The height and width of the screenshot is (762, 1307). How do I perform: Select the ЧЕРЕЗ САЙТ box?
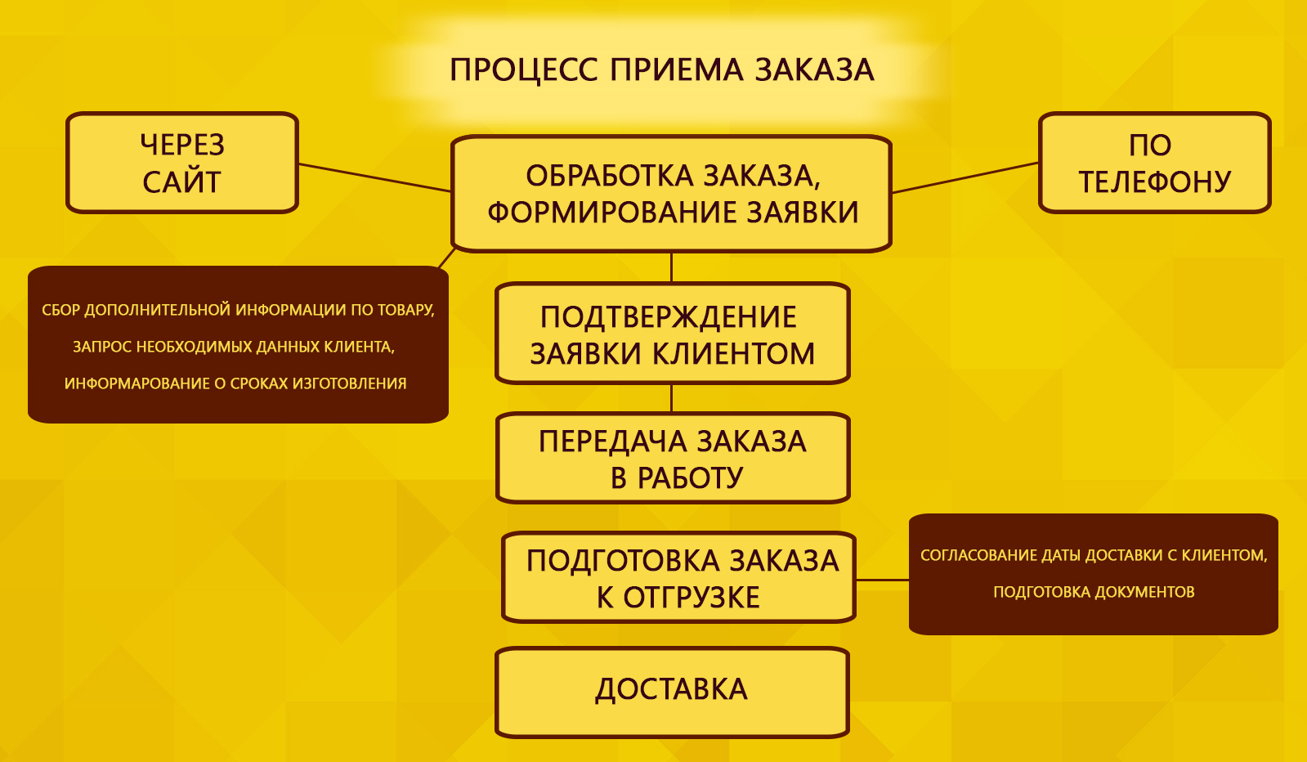pyautogui.click(x=182, y=163)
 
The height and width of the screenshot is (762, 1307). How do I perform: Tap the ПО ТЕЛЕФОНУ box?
pyautogui.click(x=1155, y=163)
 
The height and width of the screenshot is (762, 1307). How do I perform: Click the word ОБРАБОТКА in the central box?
pyautogui.click(x=610, y=176)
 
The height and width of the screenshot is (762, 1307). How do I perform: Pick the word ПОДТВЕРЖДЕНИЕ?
pyautogui.click(x=668, y=317)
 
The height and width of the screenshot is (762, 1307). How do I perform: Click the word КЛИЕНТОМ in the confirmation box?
pyautogui.click(x=733, y=353)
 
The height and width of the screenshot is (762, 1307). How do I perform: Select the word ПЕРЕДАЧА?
pyautogui.click(x=613, y=442)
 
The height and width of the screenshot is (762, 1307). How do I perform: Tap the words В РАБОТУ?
pyautogui.click(x=677, y=477)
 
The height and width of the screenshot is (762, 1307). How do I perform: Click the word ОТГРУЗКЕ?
pyautogui.click(x=692, y=598)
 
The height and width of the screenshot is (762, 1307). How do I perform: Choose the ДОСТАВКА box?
pyautogui.click(x=672, y=693)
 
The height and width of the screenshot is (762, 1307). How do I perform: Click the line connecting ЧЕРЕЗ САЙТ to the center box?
pyautogui.click(x=374, y=177)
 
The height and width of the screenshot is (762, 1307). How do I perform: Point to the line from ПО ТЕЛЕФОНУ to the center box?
pyautogui.click(x=965, y=177)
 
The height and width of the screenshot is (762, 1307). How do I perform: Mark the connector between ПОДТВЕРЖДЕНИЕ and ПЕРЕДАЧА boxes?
pyautogui.click(x=672, y=398)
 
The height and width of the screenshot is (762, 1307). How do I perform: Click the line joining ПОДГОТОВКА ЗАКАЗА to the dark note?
pyautogui.click(x=882, y=580)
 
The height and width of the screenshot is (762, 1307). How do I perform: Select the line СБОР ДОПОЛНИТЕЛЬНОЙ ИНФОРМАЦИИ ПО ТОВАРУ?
pyautogui.click(x=238, y=310)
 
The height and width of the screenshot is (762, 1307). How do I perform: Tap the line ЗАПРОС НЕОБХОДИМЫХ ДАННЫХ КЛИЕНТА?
pyautogui.click(x=234, y=347)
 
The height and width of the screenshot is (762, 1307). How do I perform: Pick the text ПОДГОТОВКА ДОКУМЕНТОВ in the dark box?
pyautogui.click(x=1094, y=592)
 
